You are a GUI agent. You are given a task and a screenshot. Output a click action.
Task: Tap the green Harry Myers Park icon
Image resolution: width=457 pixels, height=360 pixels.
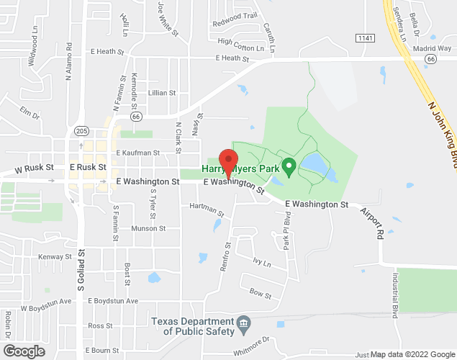289,168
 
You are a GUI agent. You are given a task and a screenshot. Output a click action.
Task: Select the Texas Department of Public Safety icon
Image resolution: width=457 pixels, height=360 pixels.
243,321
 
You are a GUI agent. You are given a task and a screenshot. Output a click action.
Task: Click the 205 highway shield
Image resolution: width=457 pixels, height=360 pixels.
81,131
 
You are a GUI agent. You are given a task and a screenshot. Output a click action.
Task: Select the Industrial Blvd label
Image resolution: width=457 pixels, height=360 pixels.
395,294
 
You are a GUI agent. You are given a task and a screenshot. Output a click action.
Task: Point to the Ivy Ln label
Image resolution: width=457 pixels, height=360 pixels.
261,262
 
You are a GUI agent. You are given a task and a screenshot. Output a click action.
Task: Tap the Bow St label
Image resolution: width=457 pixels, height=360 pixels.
260,294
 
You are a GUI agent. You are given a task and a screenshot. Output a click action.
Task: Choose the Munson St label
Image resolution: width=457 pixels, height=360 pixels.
148,228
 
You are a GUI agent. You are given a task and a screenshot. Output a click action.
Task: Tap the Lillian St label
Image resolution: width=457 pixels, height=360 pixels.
161,93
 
